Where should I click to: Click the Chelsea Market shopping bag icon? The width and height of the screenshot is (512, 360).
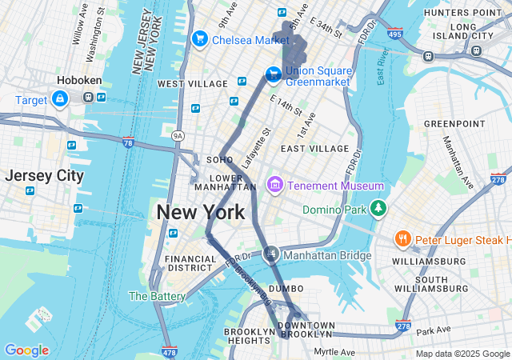(x=199, y=39)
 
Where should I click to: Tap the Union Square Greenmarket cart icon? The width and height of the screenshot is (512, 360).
(x=273, y=74)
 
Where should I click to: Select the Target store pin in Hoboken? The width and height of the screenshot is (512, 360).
(x=59, y=98)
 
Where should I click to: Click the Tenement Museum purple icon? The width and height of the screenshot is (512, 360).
(x=275, y=186)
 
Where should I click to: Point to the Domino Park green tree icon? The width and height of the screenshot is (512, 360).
(x=378, y=210)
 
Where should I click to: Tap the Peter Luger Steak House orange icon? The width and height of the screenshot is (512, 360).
(x=404, y=239)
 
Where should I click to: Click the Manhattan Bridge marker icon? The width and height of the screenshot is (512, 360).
(x=271, y=254)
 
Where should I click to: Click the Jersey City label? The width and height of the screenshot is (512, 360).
(x=43, y=176)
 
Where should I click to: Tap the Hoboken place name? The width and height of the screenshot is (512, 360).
(x=77, y=80)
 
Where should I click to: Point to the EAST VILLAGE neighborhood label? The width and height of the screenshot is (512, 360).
(x=314, y=149)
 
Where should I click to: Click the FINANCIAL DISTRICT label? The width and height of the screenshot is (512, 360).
(x=190, y=264)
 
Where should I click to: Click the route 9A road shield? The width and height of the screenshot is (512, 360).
(x=178, y=136)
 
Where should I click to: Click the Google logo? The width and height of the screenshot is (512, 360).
(x=26, y=350)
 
